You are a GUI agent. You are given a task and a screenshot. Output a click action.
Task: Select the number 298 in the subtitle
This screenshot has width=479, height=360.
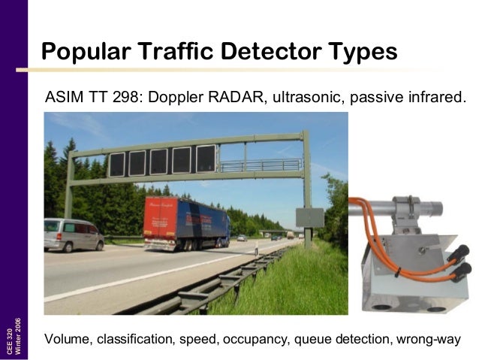pos(122,98)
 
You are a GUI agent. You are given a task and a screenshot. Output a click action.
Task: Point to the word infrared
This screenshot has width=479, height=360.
pos(435,98)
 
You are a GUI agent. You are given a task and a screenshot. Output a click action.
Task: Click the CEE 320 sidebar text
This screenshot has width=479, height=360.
pos(10,342)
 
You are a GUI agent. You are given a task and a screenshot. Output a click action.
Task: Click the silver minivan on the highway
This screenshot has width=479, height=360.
pos(73,234)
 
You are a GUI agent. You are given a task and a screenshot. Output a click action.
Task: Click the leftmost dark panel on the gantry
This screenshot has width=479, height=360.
pos(116,163)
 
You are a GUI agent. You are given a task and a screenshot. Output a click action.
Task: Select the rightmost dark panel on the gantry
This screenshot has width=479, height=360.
pos(205,159)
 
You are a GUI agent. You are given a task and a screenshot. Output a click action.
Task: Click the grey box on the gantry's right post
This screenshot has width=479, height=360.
pos(309,218)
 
